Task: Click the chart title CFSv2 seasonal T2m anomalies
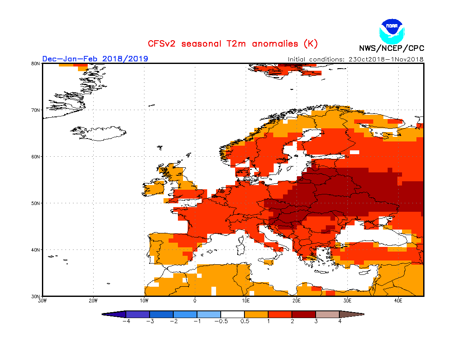point(233,44)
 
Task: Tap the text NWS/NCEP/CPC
point(391,48)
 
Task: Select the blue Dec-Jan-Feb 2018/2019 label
point(95,58)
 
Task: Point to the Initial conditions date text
point(355,59)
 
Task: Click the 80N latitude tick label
point(36,64)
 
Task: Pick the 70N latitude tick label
point(36,110)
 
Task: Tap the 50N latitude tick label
point(36,203)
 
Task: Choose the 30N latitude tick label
point(36,296)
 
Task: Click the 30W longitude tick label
point(42,301)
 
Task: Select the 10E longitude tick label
point(246,301)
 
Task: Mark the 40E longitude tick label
point(398,301)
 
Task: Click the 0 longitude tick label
point(195,301)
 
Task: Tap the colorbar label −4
point(126,321)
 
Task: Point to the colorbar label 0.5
point(244,321)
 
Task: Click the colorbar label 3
point(316,321)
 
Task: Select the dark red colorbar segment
point(304,314)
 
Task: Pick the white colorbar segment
point(233,314)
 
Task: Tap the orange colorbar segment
point(256,314)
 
